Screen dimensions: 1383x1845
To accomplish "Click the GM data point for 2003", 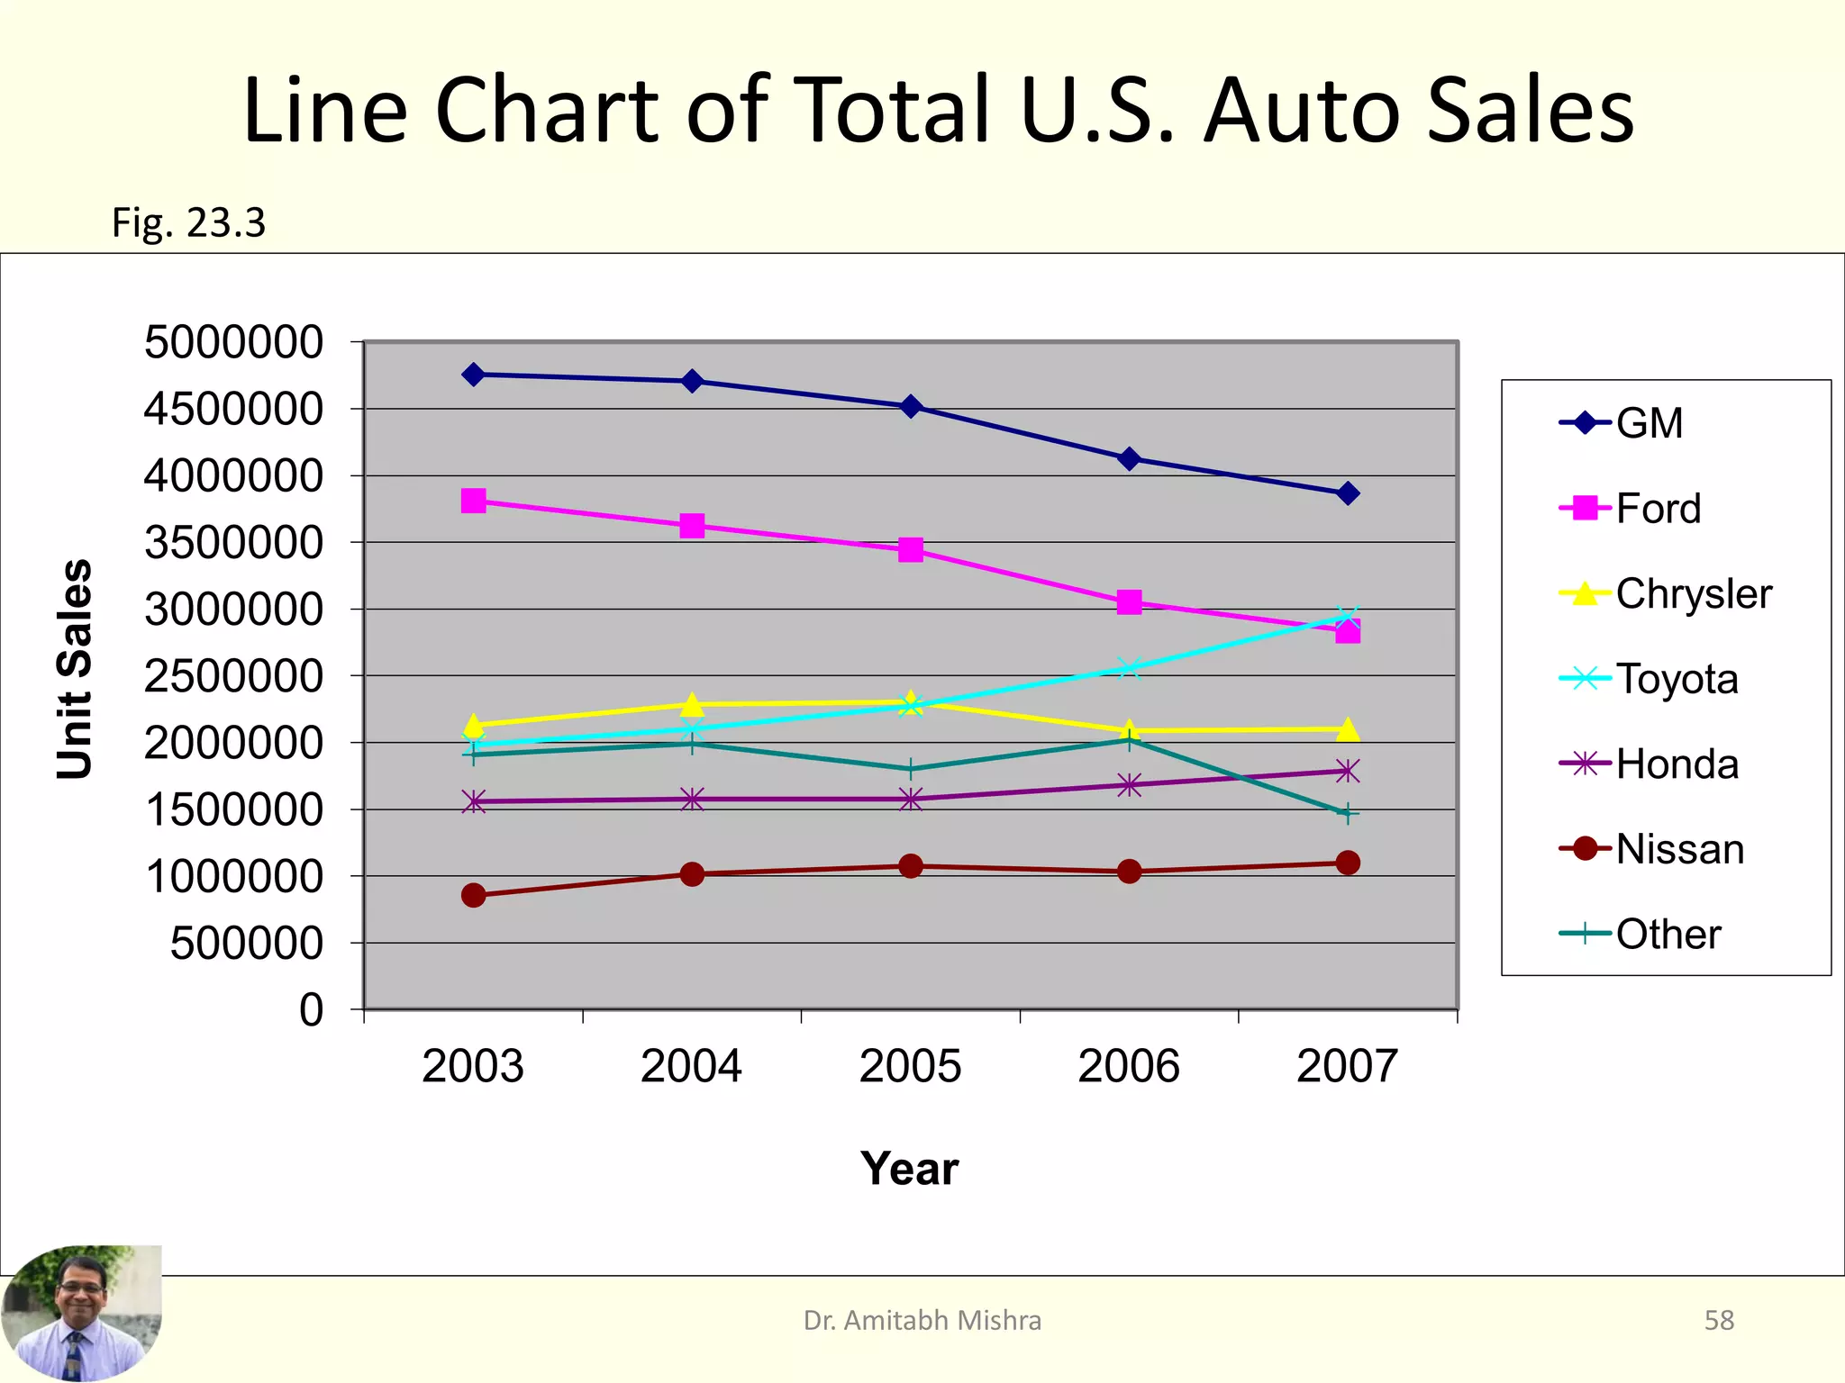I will coord(473,375).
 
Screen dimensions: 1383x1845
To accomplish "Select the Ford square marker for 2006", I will coord(1129,602).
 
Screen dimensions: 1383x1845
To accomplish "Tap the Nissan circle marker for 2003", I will coord(473,895).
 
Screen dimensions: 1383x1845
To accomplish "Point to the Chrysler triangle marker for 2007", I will coord(1348,729).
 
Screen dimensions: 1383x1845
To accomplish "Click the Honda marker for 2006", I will coord(1129,785).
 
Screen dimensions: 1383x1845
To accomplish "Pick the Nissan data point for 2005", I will coord(911,866).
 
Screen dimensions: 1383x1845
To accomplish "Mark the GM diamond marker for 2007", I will coord(1348,493).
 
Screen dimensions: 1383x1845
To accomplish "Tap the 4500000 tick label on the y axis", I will coord(233,410).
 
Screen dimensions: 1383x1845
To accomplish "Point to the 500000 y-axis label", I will coord(246,944).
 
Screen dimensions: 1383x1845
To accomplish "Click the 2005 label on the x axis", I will coord(910,1067).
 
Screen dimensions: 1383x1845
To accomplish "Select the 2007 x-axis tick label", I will coord(1347,1067).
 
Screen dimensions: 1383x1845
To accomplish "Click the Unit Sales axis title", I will coord(75,669).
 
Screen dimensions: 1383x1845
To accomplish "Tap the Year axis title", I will coord(909,1169).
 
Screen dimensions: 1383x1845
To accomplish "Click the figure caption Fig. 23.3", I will coord(188,222).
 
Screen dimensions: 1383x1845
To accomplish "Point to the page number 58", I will coord(1719,1320).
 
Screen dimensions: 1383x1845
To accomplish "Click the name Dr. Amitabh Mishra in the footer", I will coord(922,1320).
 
